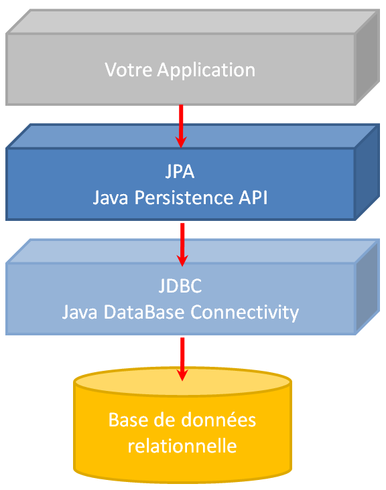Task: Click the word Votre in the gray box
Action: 127,70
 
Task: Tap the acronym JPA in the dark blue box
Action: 180,171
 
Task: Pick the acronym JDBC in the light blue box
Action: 180,287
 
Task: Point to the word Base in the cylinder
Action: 128,420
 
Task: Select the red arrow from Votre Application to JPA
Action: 181,125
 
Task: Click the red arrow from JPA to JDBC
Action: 181,243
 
